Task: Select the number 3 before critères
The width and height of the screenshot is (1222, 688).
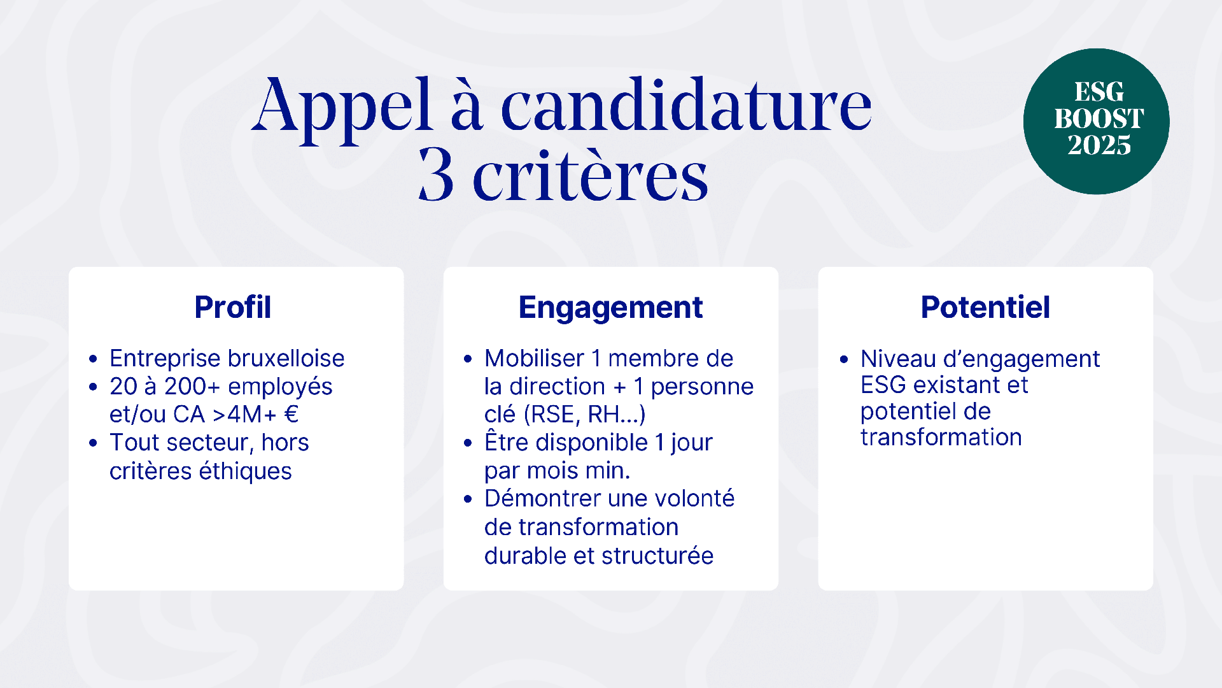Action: click(436, 175)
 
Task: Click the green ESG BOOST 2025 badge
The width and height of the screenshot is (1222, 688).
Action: click(1096, 121)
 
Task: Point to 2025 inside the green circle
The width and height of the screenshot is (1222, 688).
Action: click(1099, 145)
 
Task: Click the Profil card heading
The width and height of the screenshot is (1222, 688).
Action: click(233, 307)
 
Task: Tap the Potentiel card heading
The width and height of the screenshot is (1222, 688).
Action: click(985, 307)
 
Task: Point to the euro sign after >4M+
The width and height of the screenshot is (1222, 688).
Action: click(291, 414)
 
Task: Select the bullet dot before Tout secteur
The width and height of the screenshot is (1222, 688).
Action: click(94, 443)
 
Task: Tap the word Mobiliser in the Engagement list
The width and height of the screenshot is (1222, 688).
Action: click(534, 358)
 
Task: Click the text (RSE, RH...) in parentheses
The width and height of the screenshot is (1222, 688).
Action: click(584, 414)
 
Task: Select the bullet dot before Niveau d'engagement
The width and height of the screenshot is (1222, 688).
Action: click(844, 359)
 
